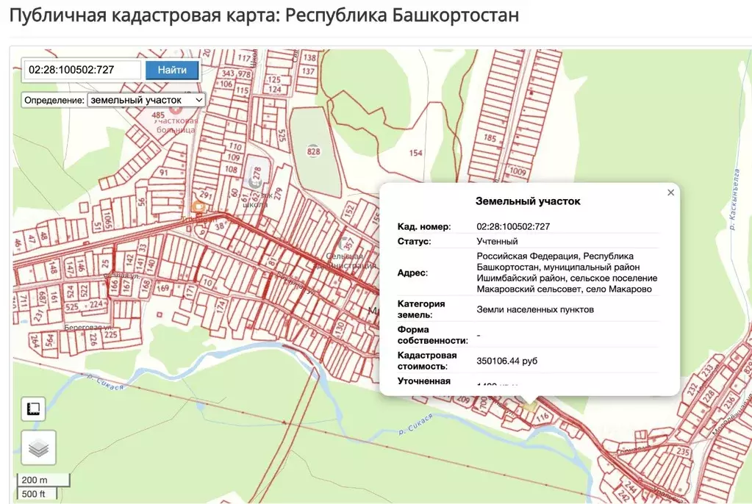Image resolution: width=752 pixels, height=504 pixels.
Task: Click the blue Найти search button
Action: tap(172, 70)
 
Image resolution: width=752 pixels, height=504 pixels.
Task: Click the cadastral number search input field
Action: tap(82, 70)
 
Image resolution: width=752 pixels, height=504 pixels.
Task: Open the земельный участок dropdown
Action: tap(146, 100)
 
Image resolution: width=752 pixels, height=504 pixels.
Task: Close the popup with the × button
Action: tap(670, 192)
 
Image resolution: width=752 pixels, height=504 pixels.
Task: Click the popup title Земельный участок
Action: tap(528, 201)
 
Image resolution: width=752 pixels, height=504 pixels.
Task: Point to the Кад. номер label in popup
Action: tap(424, 226)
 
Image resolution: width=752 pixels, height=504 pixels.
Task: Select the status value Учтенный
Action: tap(497, 241)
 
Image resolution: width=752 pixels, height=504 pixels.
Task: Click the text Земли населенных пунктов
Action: tap(534, 309)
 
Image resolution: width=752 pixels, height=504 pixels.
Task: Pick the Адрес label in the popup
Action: tap(412, 273)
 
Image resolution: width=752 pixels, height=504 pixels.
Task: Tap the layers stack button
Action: tap(38, 447)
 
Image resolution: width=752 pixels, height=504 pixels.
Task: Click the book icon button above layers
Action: tap(33, 408)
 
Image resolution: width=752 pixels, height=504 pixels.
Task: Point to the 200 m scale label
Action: tap(34, 480)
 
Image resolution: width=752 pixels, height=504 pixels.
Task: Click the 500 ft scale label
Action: tap(34, 493)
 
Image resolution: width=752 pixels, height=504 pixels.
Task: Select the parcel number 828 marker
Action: tap(314, 151)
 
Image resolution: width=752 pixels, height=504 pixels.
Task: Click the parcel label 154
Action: tap(416, 153)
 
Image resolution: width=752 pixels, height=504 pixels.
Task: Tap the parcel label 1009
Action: tap(518, 172)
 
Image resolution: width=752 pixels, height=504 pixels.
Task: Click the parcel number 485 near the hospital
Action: tap(158, 115)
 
